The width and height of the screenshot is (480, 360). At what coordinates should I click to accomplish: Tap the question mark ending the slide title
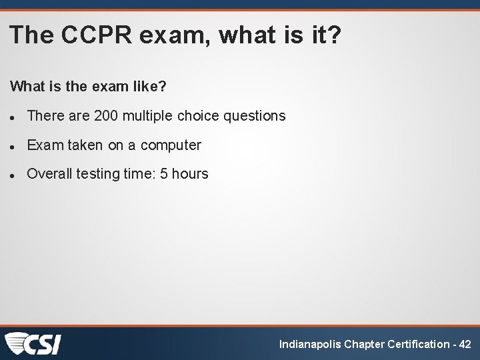pyautogui.click(x=333, y=35)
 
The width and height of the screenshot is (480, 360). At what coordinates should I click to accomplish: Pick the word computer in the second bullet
pyautogui.click(x=171, y=145)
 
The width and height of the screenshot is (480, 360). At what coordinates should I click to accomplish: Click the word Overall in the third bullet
pyautogui.click(x=49, y=174)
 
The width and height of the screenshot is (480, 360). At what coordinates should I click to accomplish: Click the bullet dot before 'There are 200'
pyautogui.click(x=13, y=117)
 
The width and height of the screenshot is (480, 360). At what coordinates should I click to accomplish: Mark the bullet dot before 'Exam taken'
pyautogui.click(x=13, y=146)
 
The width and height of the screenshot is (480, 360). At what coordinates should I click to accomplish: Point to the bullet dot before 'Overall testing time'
pyautogui.click(x=13, y=175)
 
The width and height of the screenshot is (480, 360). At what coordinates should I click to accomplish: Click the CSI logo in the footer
pyautogui.click(x=33, y=344)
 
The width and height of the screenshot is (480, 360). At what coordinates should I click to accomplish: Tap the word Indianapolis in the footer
pyautogui.click(x=309, y=345)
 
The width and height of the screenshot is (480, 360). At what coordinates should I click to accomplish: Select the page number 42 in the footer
pyautogui.click(x=465, y=345)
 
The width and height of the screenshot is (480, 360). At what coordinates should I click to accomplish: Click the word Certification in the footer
pyautogui.click(x=417, y=345)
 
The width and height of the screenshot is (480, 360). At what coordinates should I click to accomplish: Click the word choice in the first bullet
pyautogui.click(x=199, y=116)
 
